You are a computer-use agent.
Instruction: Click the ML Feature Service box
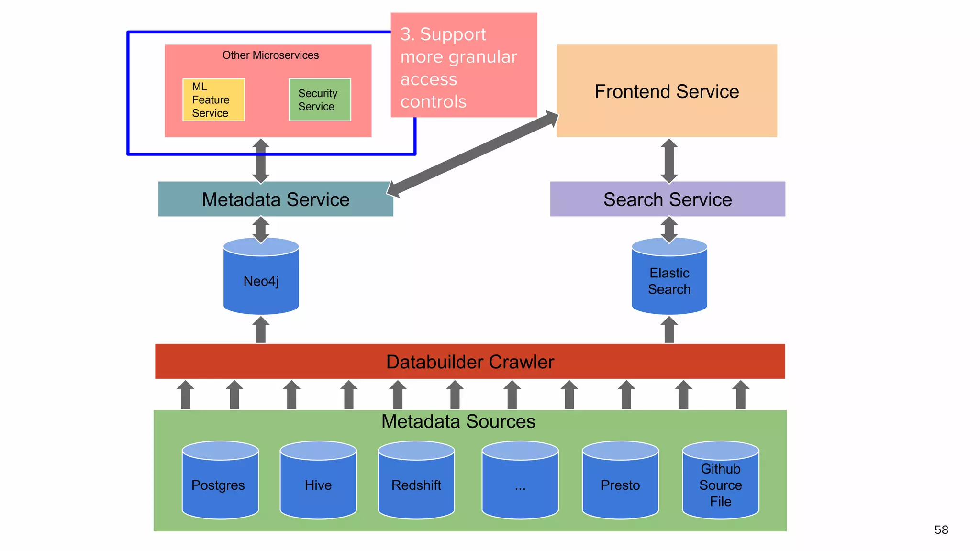[213, 100]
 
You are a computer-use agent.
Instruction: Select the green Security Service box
[320, 100]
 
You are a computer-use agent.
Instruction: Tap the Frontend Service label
[667, 91]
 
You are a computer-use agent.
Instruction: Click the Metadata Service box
[276, 199]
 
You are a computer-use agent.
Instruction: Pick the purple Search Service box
[668, 199]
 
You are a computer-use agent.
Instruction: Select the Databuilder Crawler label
[470, 362]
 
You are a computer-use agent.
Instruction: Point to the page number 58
[941, 530]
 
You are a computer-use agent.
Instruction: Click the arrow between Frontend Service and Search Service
[669, 161]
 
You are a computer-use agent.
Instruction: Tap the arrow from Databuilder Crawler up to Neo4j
[261, 330]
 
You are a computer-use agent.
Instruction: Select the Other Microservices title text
[270, 55]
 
